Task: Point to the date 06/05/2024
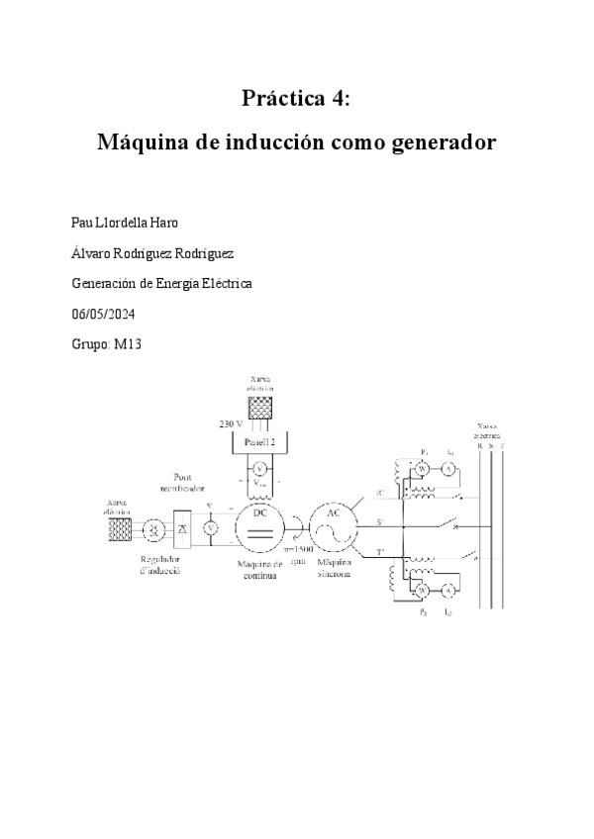(104, 314)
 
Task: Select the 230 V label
(232, 423)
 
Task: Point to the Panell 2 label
(260, 444)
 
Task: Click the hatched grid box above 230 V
(261, 409)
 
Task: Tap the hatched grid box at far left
(117, 529)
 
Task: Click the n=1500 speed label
(297, 550)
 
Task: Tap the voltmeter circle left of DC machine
(210, 529)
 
